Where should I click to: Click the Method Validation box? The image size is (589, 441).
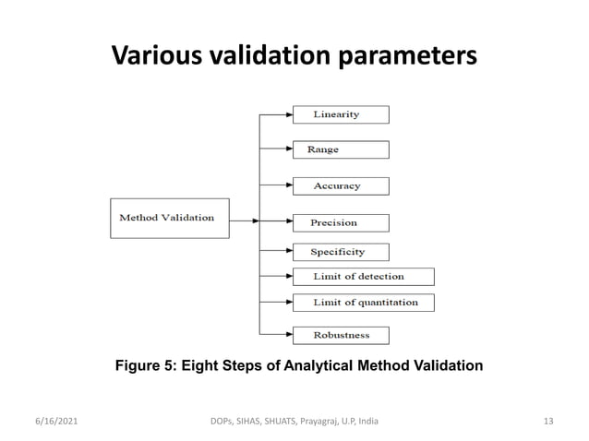pyautogui.click(x=169, y=218)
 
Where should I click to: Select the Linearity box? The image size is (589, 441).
pyautogui.click(x=340, y=114)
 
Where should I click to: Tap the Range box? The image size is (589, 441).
pyautogui.click(x=340, y=149)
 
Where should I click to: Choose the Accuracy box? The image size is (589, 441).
pyautogui.click(x=340, y=185)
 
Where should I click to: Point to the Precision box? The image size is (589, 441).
pyautogui.click(x=340, y=222)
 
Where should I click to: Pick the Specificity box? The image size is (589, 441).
pyautogui.click(x=340, y=252)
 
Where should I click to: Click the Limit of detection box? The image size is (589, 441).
pyautogui.click(x=362, y=276)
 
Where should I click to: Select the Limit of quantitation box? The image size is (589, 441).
pyautogui.click(x=362, y=302)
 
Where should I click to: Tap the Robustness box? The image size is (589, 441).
pyautogui.click(x=340, y=335)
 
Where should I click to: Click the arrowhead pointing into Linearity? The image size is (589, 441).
pyautogui.click(x=287, y=114)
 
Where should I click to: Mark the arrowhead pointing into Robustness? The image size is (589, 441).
pyautogui.click(x=287, y=335)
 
